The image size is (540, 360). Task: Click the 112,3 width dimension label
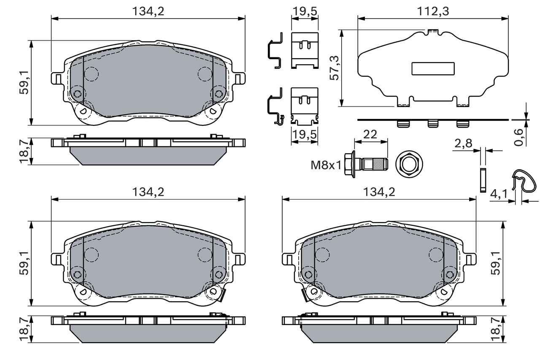click(433, 11)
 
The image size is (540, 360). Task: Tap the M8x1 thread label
click(326, 165)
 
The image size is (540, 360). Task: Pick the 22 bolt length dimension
click(370, 134)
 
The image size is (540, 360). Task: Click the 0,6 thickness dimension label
click(520, 136)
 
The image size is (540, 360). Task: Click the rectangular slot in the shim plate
click(433, 69)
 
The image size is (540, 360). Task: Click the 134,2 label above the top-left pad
click(148, 11)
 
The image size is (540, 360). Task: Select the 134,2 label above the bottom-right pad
click(379, 192)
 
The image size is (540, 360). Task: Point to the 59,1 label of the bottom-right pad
click(496, 264)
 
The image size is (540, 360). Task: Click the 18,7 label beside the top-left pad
click(25, 151)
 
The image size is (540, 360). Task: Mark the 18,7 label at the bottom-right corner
click(496, 329)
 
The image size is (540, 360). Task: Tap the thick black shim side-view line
click(433, 119)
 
